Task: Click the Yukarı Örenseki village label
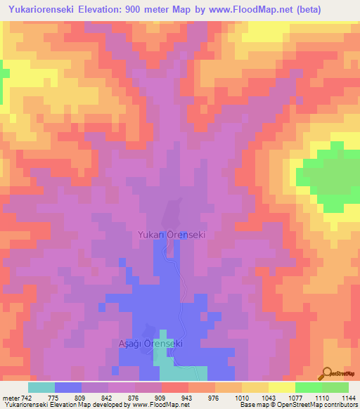point(172,235)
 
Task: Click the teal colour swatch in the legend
point(41,387)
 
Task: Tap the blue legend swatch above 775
point(68,387)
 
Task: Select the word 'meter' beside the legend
point(11,398)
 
